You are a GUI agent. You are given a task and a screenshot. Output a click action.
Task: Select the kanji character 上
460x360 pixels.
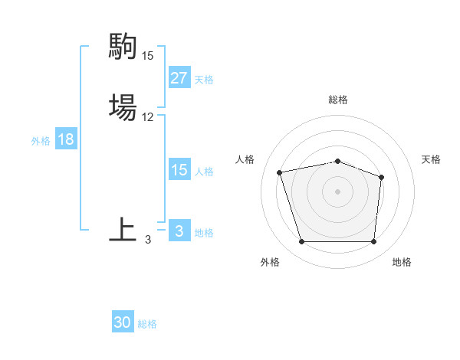pyautogui.click(x=123, y=229)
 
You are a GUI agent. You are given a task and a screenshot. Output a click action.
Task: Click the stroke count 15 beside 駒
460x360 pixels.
pyautogui.click(x=147, y=56)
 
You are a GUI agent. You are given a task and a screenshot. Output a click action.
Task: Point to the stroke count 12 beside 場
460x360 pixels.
pyautogui.click(x=147, y=117)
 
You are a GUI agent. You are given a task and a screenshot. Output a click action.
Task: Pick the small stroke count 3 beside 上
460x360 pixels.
pyautogui.click(x=148, y=240)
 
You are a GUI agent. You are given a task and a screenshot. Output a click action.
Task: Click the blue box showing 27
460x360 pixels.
pyautogui.click(x=179, y=78)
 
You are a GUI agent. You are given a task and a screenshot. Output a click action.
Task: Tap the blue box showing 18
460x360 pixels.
pyautogui.click(x=65, y=139)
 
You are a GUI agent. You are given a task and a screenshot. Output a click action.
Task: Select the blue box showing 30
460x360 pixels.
pyautogui.click(x=123, y=322)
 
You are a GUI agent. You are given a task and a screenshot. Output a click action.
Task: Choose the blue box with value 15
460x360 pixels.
pyautogui.click(x=179, y=170)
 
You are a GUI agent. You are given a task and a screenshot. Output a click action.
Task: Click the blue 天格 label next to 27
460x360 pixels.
pyautogui.click(x=204, y=80)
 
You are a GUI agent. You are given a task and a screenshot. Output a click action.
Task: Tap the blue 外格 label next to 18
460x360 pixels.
pyautogui.click(x=41, y=141)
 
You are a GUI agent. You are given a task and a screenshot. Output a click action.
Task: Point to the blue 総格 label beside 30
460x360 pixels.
pyautogui.click(x=147, y=324)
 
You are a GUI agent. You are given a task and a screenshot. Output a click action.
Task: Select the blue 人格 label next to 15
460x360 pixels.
pyautogui.click(x=204, y=172)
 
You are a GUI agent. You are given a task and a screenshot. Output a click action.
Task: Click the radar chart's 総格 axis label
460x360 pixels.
pyautogui.click(x=338, y=100)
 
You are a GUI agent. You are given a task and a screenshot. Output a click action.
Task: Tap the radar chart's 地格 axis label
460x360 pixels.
pyautogui.click(x=402, y=262)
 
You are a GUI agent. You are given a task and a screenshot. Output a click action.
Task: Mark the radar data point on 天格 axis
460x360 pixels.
pyautogui.click(x=382, y=177)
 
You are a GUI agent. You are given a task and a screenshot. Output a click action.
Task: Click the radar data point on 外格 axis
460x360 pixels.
pyautogui.click(x=302, y=242)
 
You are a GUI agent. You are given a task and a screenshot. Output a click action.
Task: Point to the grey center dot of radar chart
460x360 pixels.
pyautogui.click(x=338, y=191)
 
